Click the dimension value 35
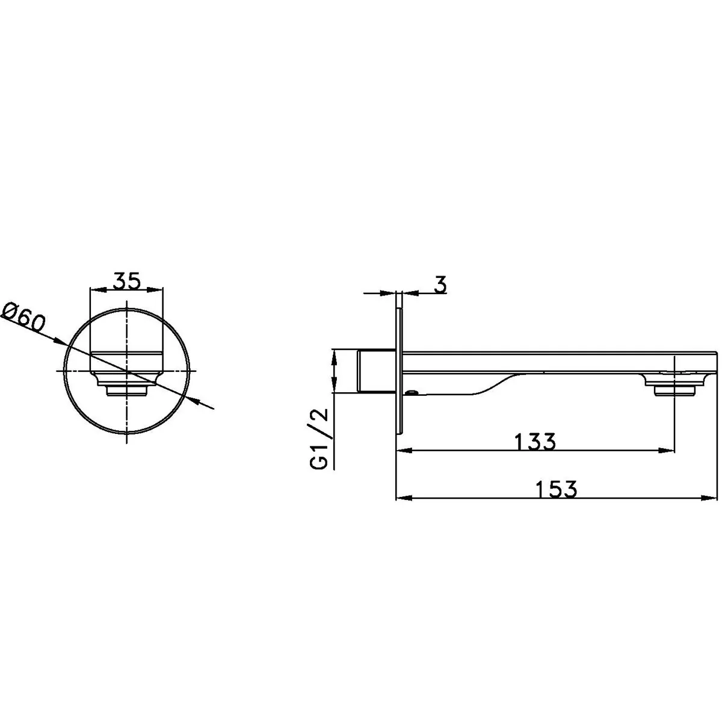point(126,281)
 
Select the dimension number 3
point(440,285)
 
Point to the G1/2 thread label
point(319,439)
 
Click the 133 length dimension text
point(535,442)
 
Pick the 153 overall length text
point(557,489)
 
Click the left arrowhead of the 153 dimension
point(404,498)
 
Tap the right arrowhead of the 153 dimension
point(709,498)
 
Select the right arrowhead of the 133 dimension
point(667,451)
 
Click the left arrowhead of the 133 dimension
point(404,451)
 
